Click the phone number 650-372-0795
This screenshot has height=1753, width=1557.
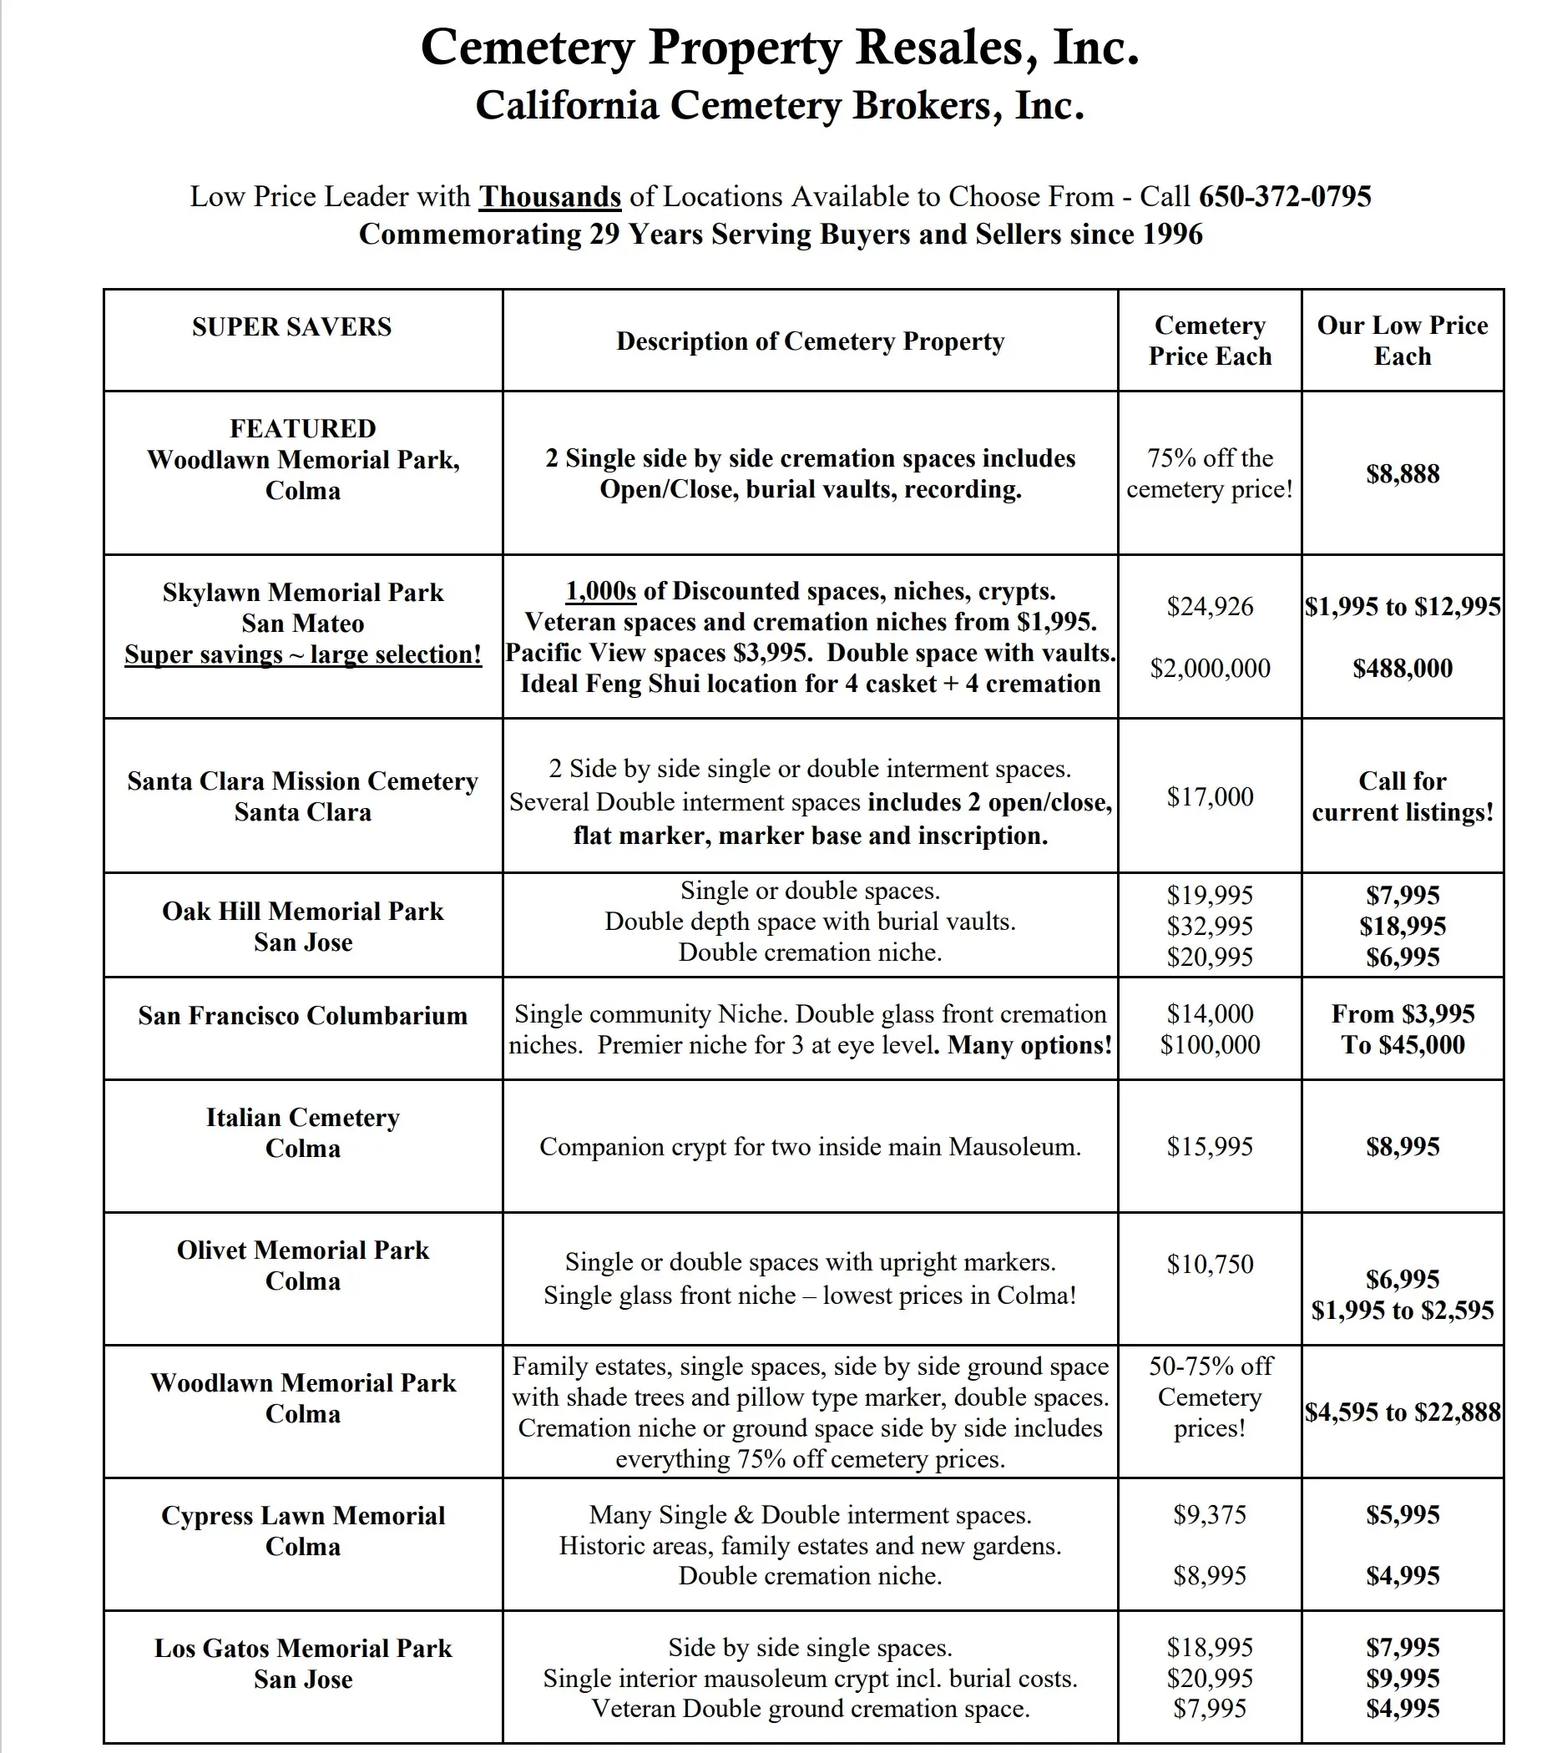[x=1284, y=196]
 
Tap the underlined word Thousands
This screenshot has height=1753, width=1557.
[x=550, y=196]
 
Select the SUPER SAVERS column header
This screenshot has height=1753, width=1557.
[x=291, y=326]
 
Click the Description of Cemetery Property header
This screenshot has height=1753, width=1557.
[x=810, y=341]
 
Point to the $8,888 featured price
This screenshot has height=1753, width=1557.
[x=1403, y=473]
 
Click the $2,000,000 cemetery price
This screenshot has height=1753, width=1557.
[x=1210, y=668]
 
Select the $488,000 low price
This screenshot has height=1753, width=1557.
[x=1403, y=668]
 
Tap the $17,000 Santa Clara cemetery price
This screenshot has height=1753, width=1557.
[x=1210, y=796]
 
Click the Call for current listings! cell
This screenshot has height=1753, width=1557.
[x=1403, y=796]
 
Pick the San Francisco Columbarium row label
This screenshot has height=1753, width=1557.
[x=303, y=1015]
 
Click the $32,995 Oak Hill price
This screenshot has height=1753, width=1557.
[x=1210, y=927]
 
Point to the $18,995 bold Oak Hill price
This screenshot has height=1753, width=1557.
[x=1403, y=927]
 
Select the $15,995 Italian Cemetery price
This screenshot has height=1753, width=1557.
[x=1210, y=1147]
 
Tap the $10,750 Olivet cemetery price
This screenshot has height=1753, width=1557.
[x=1210, y=1264]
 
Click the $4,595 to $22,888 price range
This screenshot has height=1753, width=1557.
[x=1403, y=1412]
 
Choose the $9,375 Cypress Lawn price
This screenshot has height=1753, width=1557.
[x=1210, y=1514]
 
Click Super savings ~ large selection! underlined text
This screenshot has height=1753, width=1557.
[x=303, y=654]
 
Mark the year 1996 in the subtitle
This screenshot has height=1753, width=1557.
[x=1170, y=234]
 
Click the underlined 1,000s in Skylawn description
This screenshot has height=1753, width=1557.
[x=600, y=591]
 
